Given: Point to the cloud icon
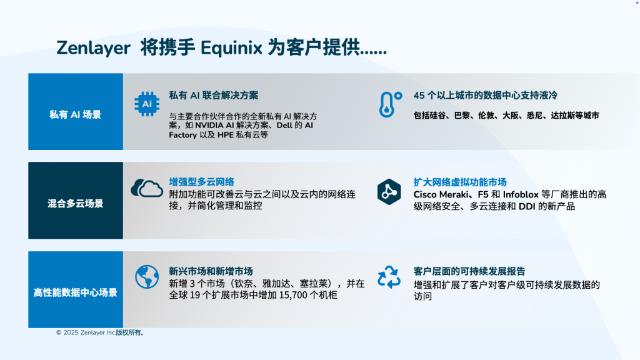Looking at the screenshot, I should (147, 187).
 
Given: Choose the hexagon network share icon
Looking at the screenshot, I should (389, 191).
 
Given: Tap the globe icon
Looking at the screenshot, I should (147, 276).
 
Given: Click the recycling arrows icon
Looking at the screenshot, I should (389, 276).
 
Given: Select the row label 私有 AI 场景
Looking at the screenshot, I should (76, 114).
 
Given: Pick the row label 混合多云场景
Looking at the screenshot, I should (76, 203).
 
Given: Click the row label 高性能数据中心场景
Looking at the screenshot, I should (76, 292).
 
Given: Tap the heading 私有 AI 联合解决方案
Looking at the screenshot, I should (213, 96).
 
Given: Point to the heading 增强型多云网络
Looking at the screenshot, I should (201, 182).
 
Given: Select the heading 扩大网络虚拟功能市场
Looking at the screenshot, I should (459, 182).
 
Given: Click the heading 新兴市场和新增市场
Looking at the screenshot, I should (211, 271).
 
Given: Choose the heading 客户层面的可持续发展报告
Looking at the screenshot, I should (469, 271).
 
